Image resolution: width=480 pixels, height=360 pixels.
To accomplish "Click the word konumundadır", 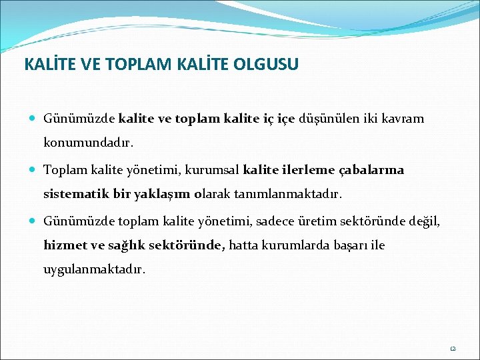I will point(88,143).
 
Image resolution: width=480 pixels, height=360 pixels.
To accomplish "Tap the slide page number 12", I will point(451,348).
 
